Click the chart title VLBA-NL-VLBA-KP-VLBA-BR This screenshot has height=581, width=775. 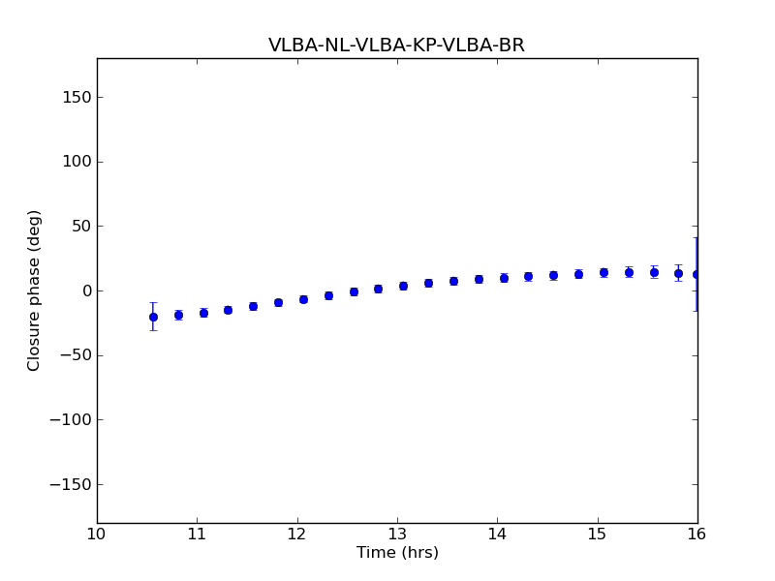396,46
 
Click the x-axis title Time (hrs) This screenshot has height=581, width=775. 397,553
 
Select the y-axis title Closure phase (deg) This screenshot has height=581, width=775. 35,290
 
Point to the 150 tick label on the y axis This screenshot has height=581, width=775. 77,97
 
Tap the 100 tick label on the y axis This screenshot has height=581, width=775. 77,162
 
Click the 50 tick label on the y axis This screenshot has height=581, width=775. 80,227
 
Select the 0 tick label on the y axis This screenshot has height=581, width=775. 85,290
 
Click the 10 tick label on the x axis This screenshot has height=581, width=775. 97,534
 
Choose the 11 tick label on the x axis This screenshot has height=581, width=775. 197,534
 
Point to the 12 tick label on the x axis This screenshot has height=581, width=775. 297,534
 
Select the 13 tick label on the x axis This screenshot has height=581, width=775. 397,534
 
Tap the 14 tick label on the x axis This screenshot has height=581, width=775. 497,534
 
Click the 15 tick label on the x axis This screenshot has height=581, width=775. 598,534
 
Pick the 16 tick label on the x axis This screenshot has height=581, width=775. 697,534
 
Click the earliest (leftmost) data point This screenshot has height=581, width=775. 153,317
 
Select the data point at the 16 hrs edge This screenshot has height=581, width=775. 697,274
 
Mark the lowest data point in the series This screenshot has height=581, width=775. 153,317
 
